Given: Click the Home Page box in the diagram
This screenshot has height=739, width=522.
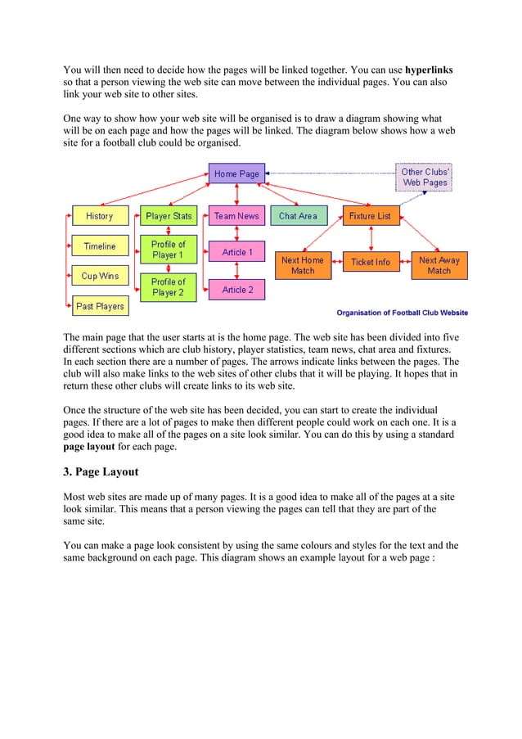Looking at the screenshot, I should click(236, 174).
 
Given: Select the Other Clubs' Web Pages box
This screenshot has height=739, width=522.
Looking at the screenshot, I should click(424, 178).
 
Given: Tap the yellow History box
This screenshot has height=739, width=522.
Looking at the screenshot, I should click(100, 216).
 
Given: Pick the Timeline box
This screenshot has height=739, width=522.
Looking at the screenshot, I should click(100, 246).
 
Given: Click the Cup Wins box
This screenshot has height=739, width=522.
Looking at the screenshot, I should click(100, 277).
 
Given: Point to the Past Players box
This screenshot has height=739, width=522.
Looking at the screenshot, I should click(100, 307).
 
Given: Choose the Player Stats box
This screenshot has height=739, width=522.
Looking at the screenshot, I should click(169, 216).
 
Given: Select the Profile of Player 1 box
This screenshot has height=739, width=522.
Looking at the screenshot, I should click(169, 250).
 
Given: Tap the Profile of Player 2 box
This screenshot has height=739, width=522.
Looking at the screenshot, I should click(169, 287).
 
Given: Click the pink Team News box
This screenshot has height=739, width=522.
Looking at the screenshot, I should click(236, 216).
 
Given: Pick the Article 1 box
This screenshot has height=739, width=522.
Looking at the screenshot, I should click(237, 252).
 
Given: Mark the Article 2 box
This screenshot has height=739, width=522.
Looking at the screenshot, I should click(237, 290).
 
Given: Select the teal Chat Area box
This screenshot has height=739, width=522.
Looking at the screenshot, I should click(298, 216).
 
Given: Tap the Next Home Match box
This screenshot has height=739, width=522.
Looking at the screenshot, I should click(303, 265).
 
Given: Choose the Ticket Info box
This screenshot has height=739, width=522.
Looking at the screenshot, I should click(371, 262).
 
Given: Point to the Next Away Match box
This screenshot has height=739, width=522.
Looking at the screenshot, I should click(439, 265).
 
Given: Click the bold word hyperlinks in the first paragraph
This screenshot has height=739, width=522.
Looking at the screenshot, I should click(430, 68).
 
